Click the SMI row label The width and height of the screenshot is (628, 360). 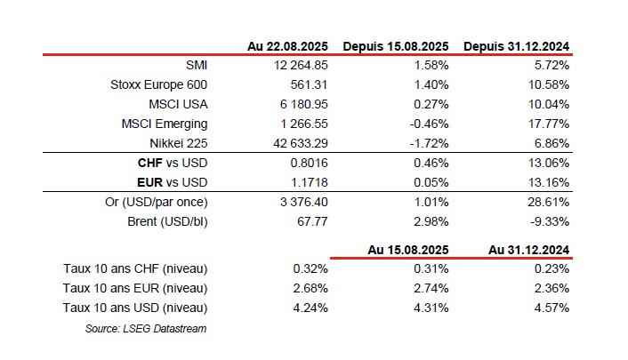[197, 65]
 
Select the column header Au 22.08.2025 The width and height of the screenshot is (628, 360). [287, 46]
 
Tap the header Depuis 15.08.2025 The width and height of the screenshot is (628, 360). [396, 46]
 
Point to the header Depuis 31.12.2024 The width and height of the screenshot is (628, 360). [516, 46]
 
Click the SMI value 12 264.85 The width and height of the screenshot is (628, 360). [301, 65]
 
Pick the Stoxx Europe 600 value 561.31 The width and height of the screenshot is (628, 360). [309, 84]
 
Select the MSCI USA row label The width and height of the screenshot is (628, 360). [178, 104]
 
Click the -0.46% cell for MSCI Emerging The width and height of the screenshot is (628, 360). [429, 124]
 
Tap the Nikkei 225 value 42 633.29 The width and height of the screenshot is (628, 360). [301, 143]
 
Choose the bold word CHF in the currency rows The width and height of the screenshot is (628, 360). [149, 163]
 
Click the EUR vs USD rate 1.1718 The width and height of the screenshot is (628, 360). [309, 182]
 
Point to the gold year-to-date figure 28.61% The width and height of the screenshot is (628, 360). [548, 202]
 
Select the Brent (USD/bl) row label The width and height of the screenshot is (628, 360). [167, 221]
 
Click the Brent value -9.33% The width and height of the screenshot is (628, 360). [550, 221]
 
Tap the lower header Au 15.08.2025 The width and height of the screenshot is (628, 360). [408, 250]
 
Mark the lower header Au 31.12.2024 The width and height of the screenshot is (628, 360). [528, 250]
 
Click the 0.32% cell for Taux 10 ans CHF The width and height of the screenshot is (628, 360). [310, 268]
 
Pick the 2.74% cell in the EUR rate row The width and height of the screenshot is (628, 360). [431, 288]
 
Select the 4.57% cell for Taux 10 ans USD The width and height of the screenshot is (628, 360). [552, 308]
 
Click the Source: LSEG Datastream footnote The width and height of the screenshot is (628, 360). [146, 329]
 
